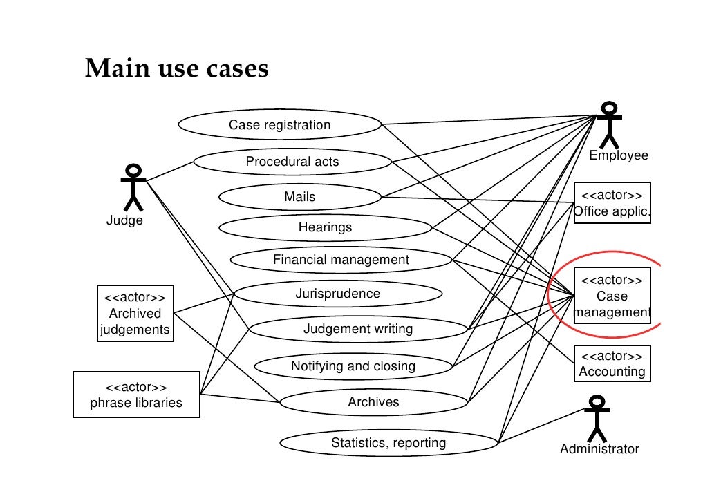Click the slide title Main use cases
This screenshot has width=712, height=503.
coord(176,69)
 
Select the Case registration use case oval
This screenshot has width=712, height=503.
coord(279,125)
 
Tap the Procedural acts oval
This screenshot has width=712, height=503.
coord(292,162)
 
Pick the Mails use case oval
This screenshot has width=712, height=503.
coord(299,197)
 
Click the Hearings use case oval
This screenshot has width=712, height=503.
coord(325,227)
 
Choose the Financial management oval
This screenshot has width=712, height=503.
coord(341,260)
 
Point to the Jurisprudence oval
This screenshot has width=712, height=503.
coord(337,294)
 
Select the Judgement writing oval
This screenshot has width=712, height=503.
coord(357,329)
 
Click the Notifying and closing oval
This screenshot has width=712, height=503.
coord(353,366)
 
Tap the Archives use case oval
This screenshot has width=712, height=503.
coord(373,401)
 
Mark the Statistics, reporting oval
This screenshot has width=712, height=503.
coord(388,443)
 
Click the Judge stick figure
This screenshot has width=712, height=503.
coord(133,187)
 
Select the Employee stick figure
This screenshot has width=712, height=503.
coord(609,125)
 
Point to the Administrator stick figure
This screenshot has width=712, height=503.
coord(597,418)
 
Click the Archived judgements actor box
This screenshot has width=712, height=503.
coord(135,314)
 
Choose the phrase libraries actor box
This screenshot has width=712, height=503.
coord(136,395)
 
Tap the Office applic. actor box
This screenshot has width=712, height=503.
coord(612,203)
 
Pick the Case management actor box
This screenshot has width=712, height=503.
coord(612,296)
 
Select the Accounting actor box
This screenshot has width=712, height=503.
coord(612,364)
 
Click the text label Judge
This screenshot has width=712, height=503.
coord(124,220)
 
